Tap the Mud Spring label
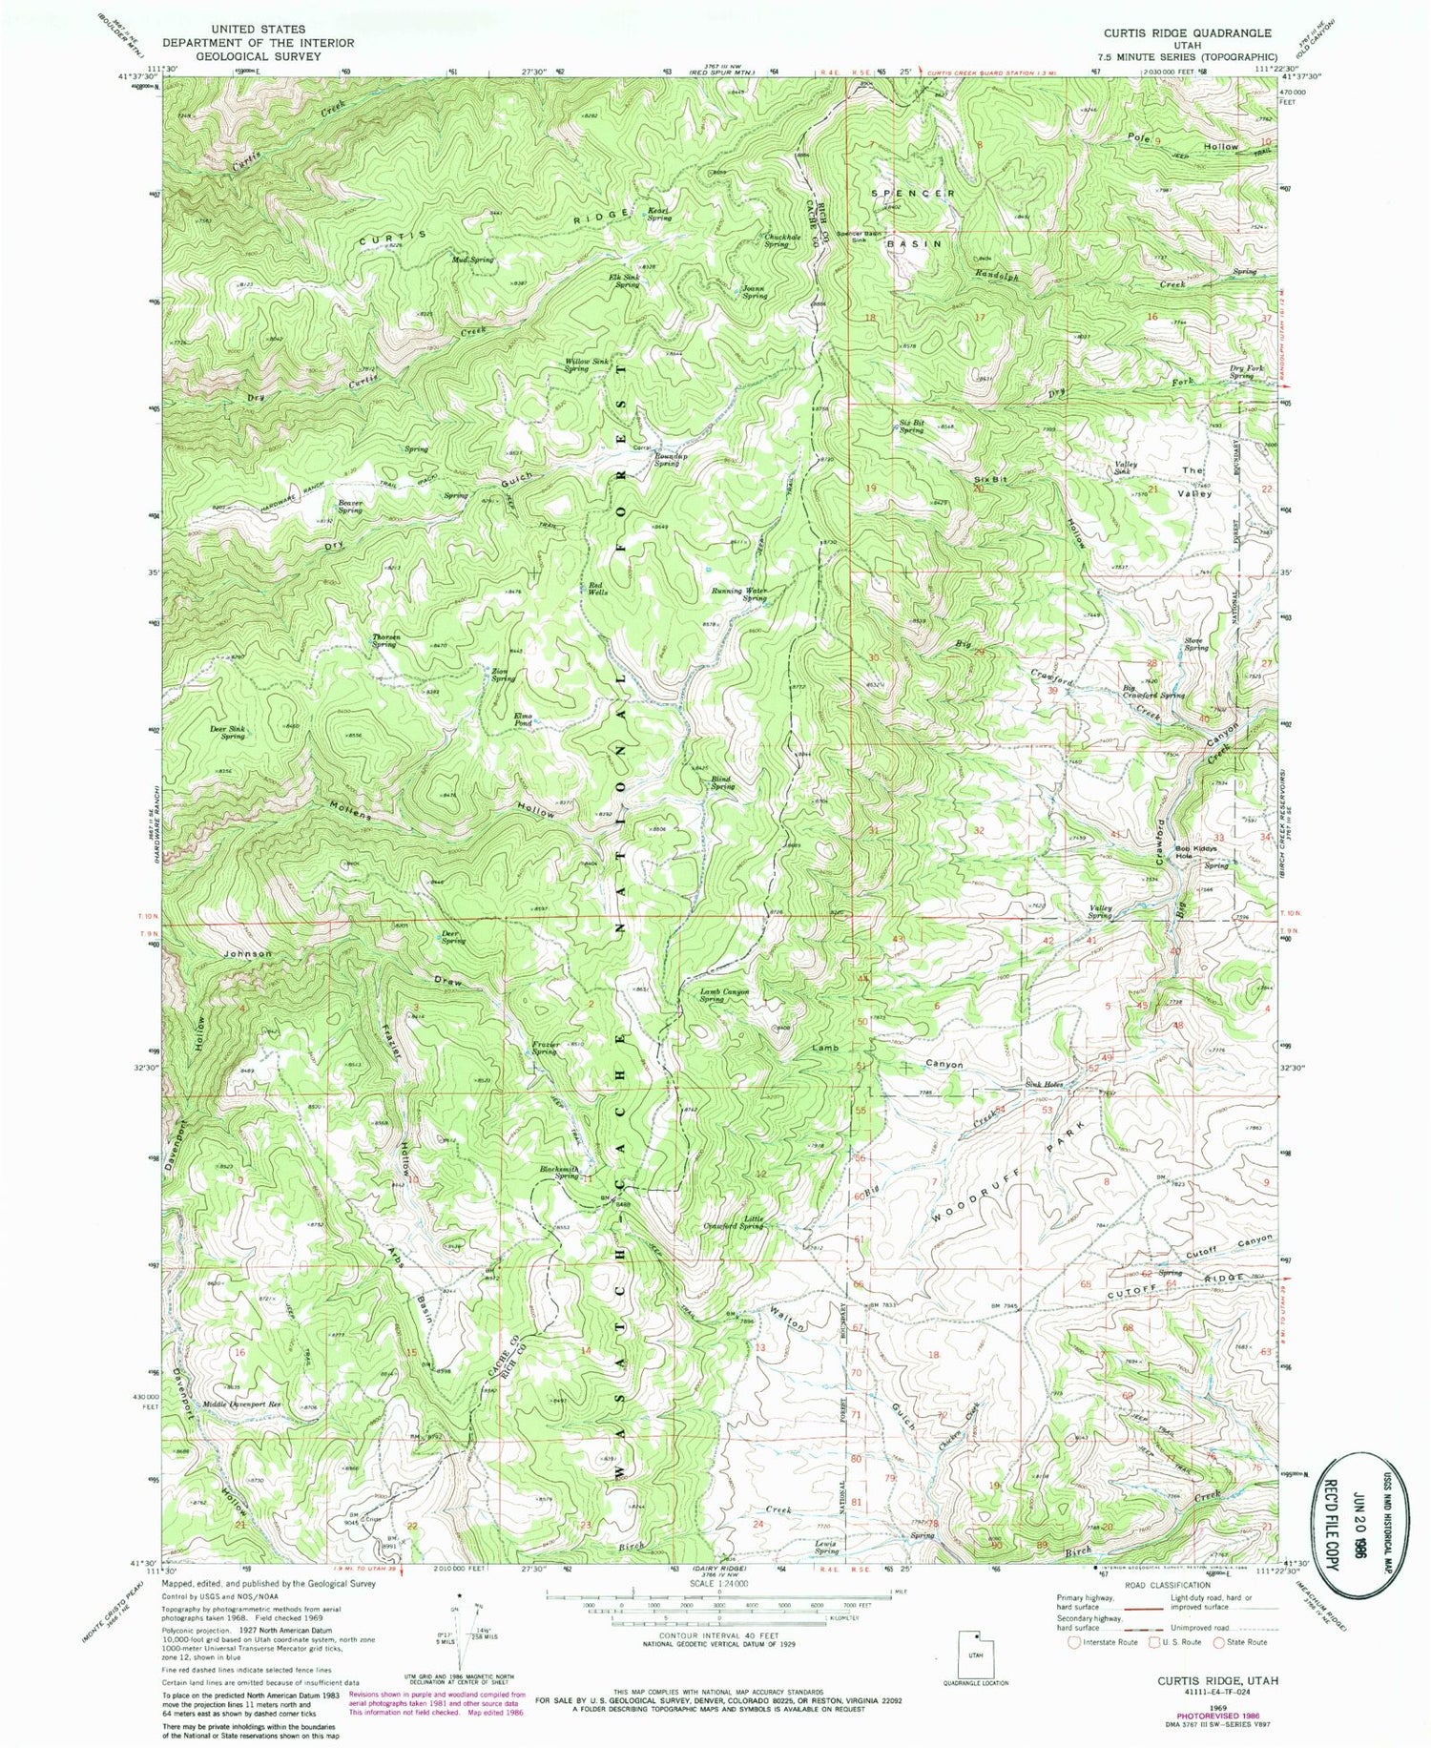pyautogui.click(x=473, y=260)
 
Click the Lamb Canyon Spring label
pyautogui.click(x=724, y=995)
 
